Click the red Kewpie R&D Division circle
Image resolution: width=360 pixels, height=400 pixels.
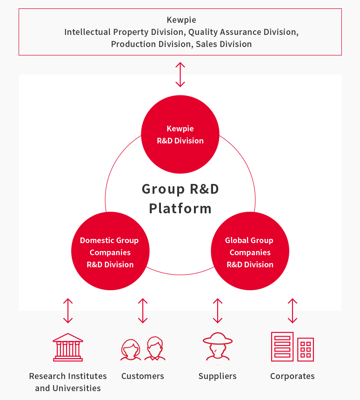coord(180,134)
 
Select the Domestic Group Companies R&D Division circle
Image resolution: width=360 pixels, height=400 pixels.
coord(110,251)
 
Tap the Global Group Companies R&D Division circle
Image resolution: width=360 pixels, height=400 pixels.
coord(250,251)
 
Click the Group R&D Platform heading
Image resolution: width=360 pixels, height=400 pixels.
coord(180,199)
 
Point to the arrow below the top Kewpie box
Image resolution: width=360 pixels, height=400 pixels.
coord(180,75)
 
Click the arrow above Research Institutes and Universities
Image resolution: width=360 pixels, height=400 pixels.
coord(68,311)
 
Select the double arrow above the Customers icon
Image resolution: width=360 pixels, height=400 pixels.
coord(143,311)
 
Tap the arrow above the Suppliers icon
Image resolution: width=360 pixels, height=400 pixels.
coord(218,311)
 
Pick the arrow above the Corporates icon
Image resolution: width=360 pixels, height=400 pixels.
coord(293,311)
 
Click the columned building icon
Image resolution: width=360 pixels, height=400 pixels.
coord(68,347)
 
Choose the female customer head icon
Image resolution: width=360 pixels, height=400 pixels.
coord(131,350)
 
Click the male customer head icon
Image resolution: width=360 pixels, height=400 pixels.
coord(155,348)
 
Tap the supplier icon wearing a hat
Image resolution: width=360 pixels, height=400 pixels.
coord(218,346)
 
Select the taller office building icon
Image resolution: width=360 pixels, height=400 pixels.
coord(282,346)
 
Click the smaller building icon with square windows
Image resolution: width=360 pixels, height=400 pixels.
coord(306,349)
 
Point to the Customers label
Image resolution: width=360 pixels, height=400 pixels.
coord(143,376)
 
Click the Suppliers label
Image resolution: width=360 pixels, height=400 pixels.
coord(218,376)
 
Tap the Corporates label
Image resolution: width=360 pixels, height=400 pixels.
coord(293,376)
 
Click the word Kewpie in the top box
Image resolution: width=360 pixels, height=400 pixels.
coord(181,20)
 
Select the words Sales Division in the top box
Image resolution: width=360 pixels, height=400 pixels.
coord(224,44)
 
